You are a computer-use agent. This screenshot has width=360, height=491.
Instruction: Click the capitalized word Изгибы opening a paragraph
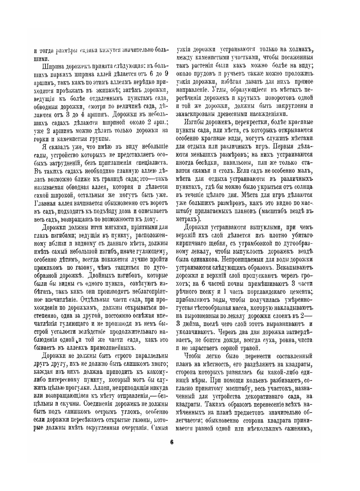click(195, 122)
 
